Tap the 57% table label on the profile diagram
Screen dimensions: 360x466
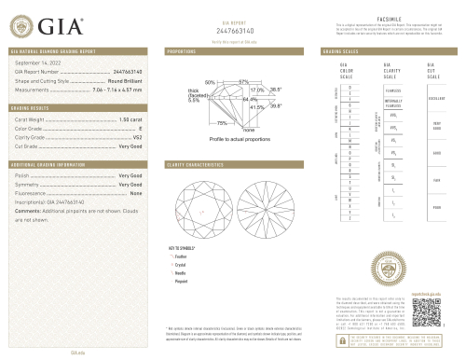(243, 83)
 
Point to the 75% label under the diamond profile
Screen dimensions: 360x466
(223, 123)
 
